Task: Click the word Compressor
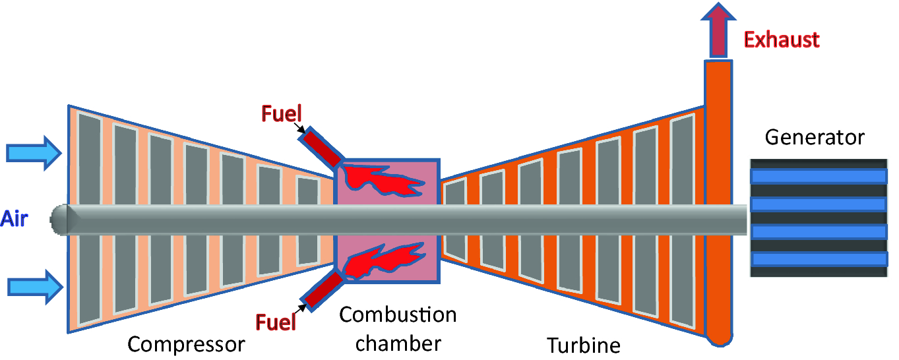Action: (186, 344)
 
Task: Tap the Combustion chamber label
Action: (398, 328)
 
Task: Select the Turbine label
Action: (584, 345)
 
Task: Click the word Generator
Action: (815, 137)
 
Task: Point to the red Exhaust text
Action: (782, 40)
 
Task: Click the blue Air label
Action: (15, 218)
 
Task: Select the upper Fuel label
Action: (281, 113)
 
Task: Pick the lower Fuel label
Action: (276, 322)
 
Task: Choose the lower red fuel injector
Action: (323, 290)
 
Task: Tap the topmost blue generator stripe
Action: (818, 176)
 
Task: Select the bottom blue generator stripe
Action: (818, 259)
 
